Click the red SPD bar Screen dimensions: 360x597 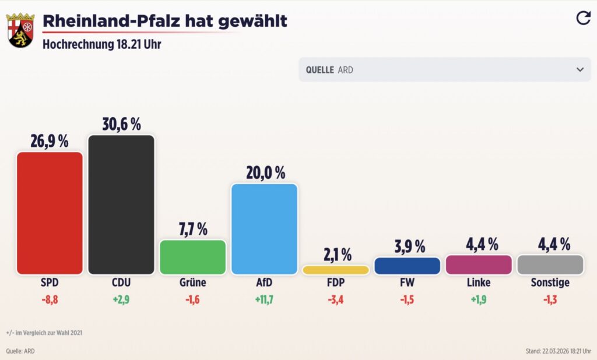coord(50,213)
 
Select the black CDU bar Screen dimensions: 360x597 coord(121,204)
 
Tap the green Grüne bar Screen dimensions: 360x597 coord(192,257)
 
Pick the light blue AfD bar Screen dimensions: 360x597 coord(264,229)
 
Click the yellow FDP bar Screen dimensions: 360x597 coord(336,270)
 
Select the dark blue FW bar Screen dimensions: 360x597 coord(408,266)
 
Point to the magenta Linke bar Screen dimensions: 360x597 coord(479,264)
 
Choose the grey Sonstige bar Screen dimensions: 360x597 coord(550,264)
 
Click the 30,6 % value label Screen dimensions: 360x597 coord(121,124)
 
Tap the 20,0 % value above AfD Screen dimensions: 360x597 coord(265,173)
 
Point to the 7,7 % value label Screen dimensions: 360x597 coord(193,229)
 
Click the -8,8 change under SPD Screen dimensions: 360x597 coord(50,301)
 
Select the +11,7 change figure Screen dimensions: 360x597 coord(264,301)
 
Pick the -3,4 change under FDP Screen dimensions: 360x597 coord(336,301)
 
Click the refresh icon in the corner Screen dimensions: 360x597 coord(583,18)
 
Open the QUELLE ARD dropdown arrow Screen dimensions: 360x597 coord(580,69)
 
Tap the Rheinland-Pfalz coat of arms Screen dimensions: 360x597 coord(20,30)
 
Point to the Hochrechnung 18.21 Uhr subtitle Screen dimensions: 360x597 coord(101,44)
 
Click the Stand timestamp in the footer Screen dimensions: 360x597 coord(558,351)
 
